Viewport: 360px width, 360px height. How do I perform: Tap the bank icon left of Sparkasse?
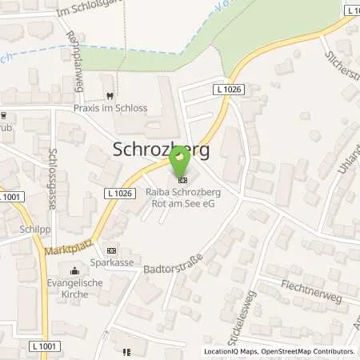111,250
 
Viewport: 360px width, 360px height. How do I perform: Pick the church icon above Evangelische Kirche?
76,270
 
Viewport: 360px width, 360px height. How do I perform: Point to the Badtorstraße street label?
169,272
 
